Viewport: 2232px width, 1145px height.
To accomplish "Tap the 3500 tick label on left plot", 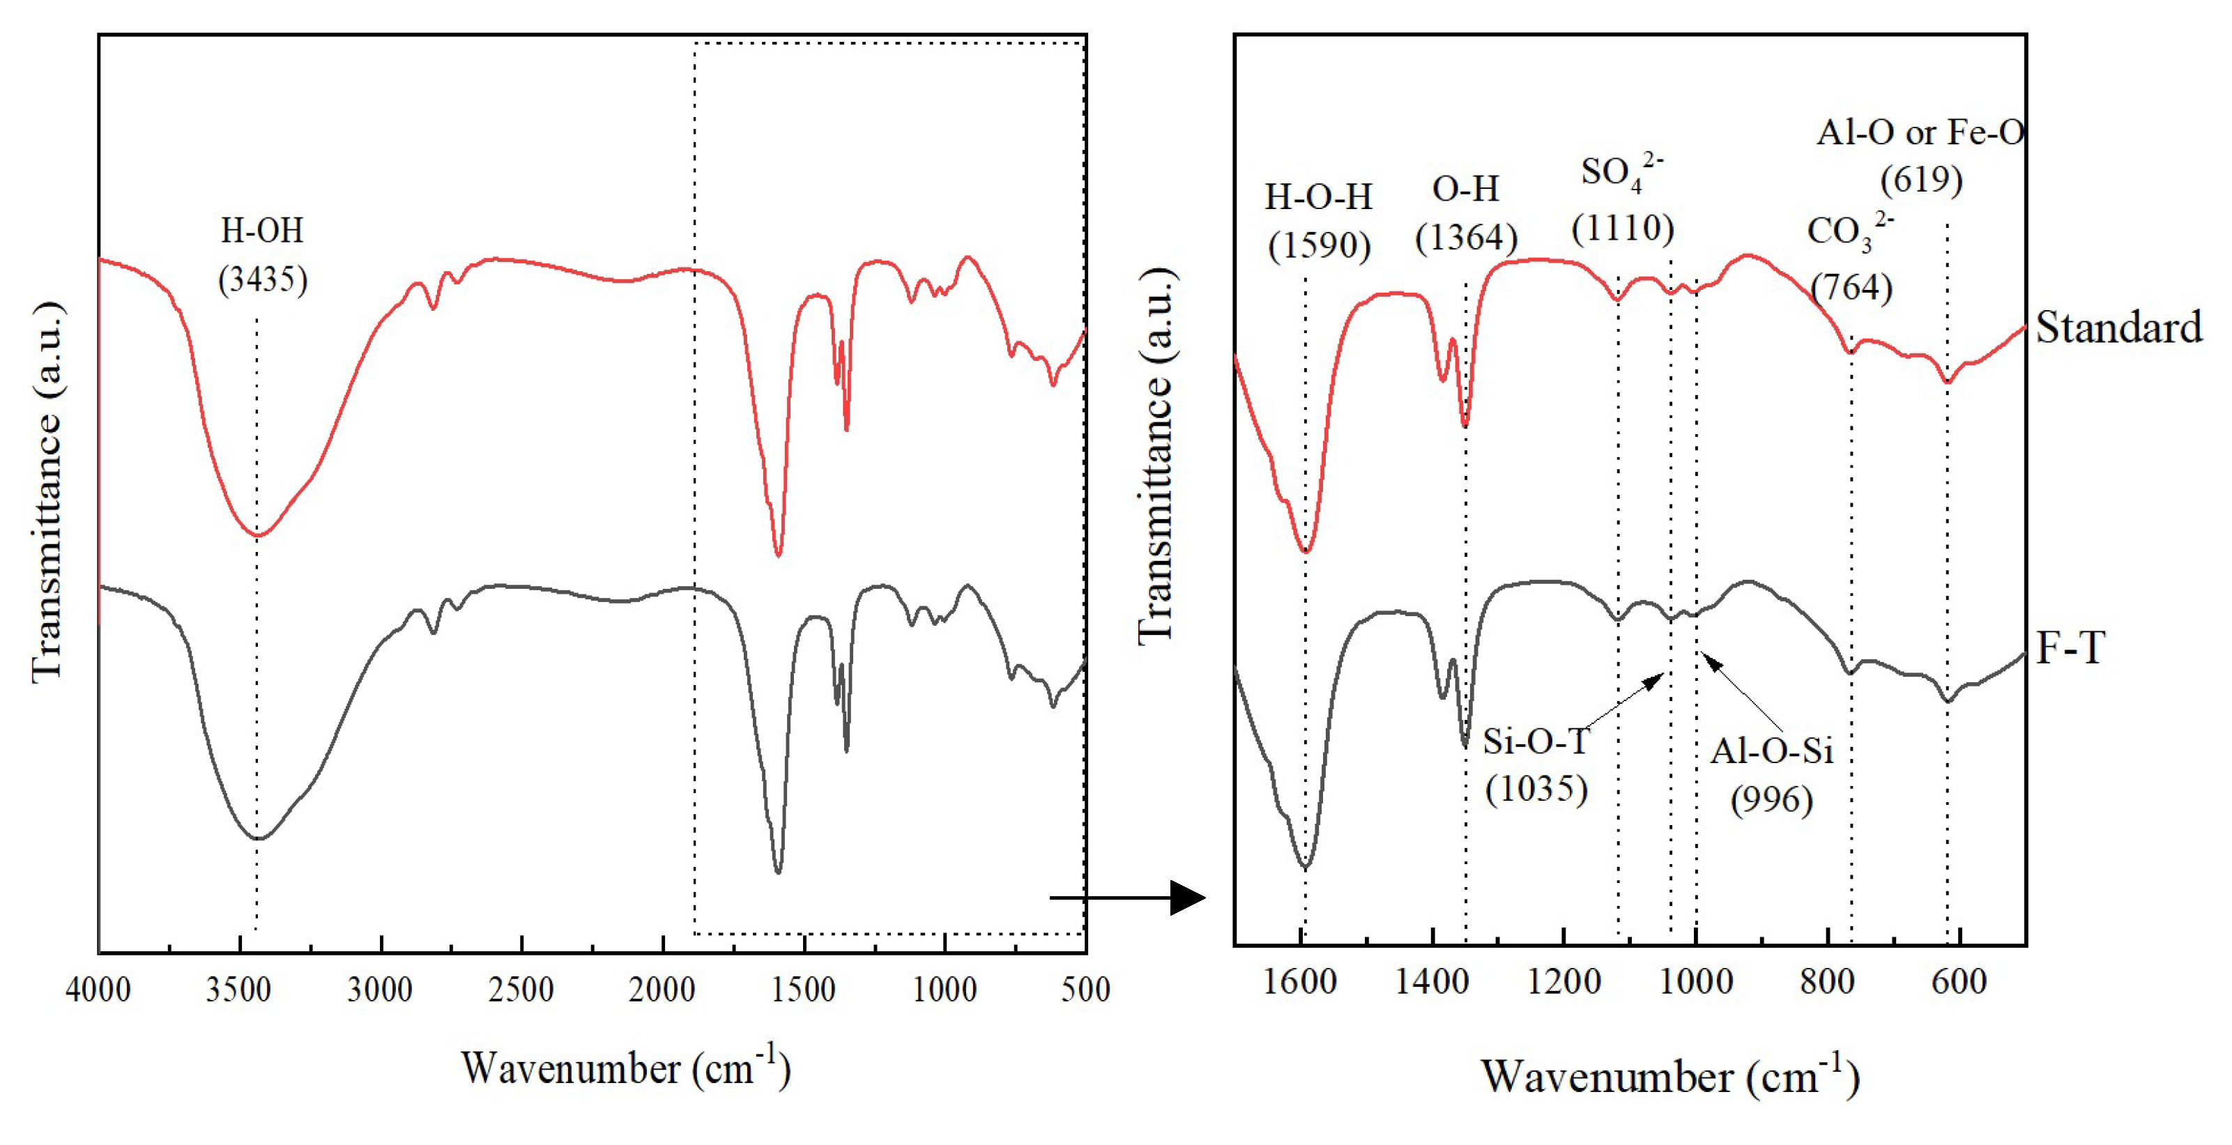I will pyautogui.click(x=238, y=989).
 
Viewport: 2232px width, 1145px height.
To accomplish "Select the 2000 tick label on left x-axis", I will pyautogui.click(x=662, y=989).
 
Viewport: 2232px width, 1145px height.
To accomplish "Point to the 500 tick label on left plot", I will pyautogui.click(x=1085, y=989).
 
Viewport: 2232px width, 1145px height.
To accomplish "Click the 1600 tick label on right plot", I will pyautogui.click(x=1300, y=981).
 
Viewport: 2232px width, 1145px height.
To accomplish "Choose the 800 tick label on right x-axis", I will pyautogui.click(x=1828, y=981).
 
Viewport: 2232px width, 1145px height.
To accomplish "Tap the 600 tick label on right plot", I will pyautogui.click(x=1959, y=981).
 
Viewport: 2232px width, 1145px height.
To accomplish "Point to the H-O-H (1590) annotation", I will pyautogui.click(x=1319, y=222).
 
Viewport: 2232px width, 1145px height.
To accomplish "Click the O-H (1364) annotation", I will pyautogui.click(x=1465, y=213).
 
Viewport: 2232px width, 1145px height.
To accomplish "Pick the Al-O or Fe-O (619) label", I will pyautogui.click(x=1920, y=156).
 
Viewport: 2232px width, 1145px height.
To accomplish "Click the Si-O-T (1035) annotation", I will pyautogui.click(x=1536, y=764).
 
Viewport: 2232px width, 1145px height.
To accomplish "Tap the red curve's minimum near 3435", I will pyautogui.click(x=257, y=535).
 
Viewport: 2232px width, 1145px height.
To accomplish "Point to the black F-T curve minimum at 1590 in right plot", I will pyautogui.click(x=1306, y=867).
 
